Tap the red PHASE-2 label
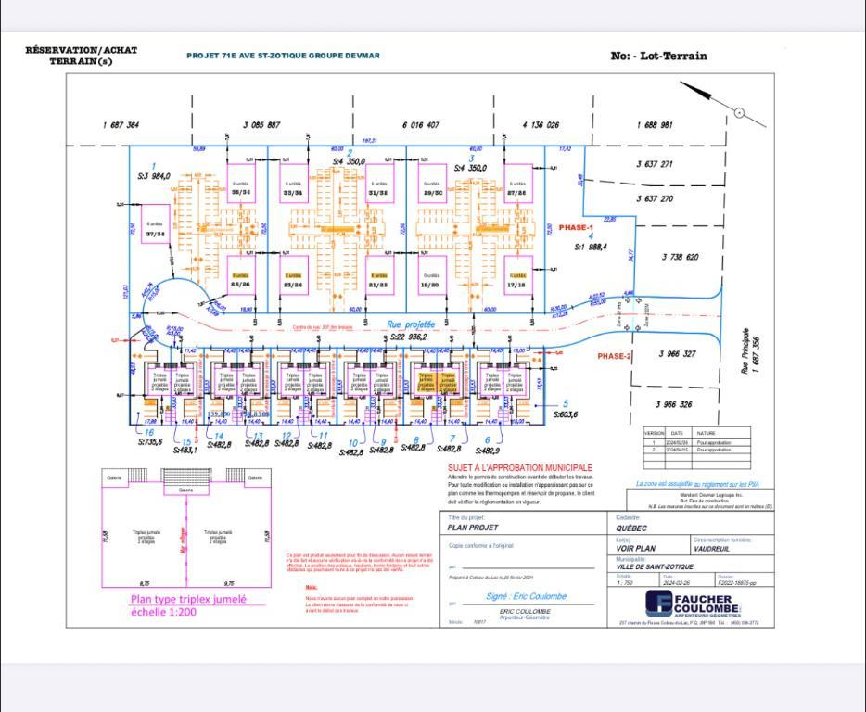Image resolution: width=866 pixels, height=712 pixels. (x=614, y=356)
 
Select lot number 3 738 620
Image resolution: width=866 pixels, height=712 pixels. (x=680, y=257)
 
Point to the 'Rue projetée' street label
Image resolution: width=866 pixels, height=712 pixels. (x=411, y=324)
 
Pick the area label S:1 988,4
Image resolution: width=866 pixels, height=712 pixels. (x=591, y=247)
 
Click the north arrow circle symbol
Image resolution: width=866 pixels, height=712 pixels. (x=739, y=112)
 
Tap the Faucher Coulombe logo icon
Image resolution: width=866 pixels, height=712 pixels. (x=658, y=604)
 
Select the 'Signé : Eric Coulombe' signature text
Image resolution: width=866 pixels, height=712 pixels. (x=526, y=596)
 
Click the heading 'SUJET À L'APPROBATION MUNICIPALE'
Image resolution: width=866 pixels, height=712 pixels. (x=519, y=468)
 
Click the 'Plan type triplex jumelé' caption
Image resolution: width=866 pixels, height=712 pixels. (x=188, y=599)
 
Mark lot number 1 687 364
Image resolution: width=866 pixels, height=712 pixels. (x=121, y=124)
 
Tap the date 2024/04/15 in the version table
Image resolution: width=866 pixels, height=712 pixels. (x=678, y=449)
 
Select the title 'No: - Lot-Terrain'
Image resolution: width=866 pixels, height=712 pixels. (x=658, y=56)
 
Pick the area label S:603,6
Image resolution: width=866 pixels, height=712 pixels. (x=565, y=414)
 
